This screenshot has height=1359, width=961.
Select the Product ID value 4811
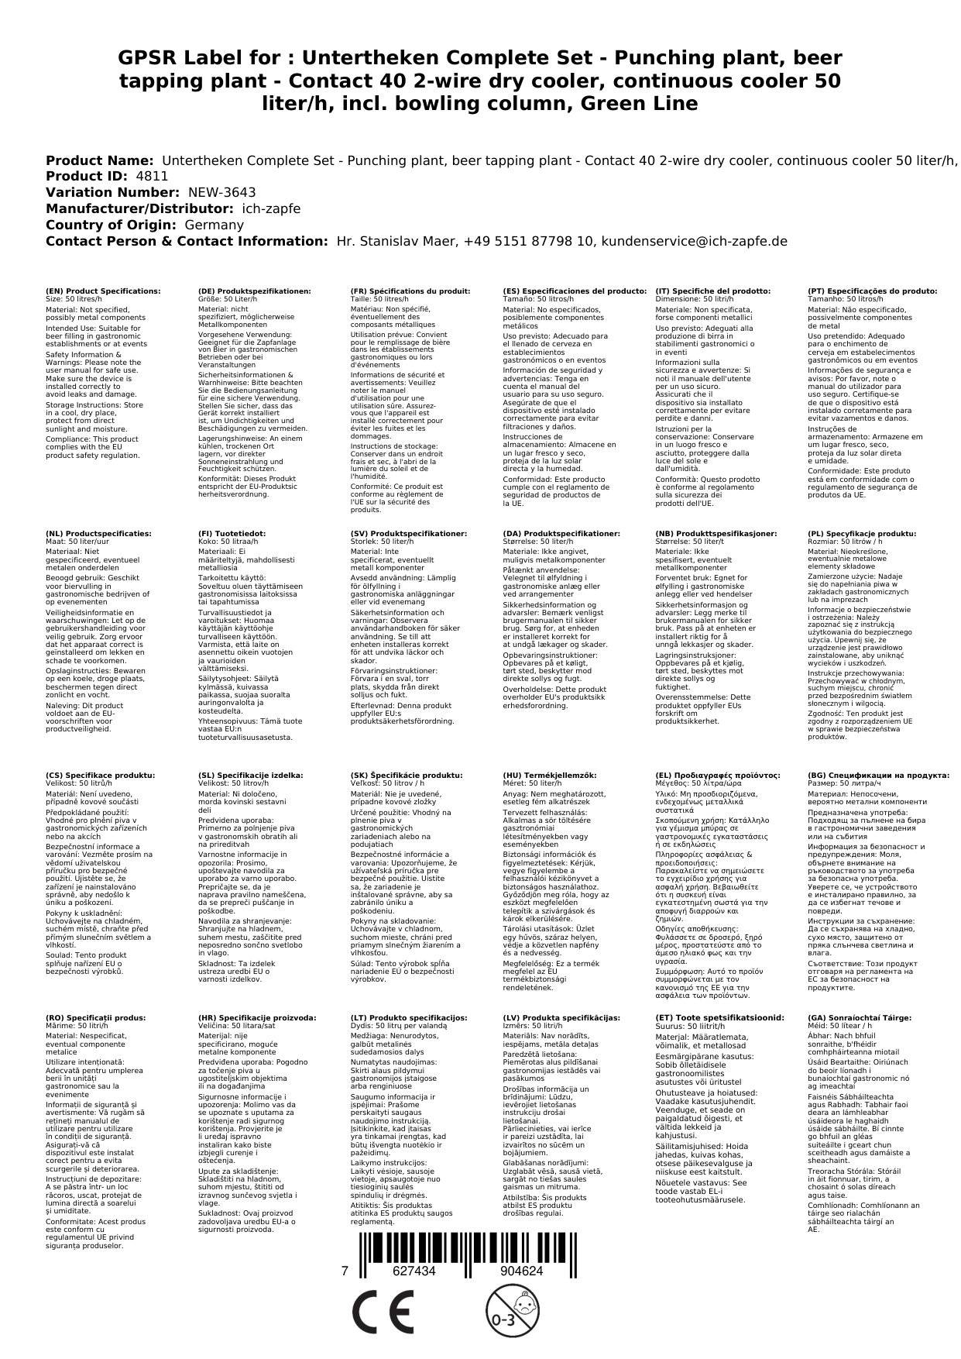[x=152, y=176]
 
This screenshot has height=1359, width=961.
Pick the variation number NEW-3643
[x=221, y=192]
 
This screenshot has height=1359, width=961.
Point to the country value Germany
[x=214, y=225]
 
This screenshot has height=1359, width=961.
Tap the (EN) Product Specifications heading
[x=103, y=291]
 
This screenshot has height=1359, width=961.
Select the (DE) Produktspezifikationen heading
[x=255, y=291]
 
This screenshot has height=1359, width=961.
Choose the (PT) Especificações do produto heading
[x=872, y=291]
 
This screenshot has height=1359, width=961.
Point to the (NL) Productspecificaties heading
[x=98, y=534]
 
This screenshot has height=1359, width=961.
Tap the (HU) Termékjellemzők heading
[x=550, y=775]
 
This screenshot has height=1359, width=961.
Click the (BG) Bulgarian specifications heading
[x=878, y=775]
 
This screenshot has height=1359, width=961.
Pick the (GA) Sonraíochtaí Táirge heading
[x=859, y=1017]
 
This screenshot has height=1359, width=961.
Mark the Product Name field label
[x=99, y=160]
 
